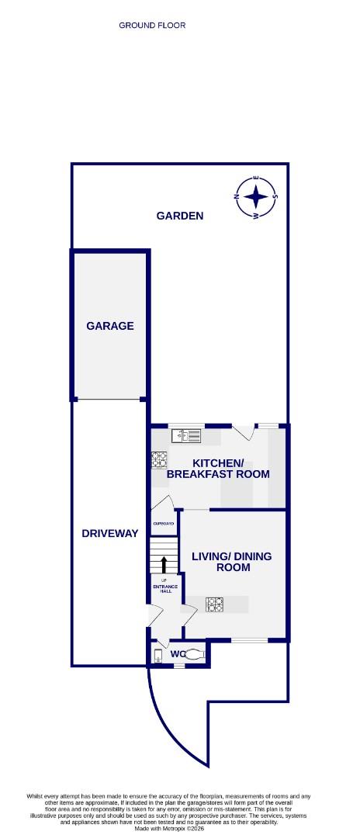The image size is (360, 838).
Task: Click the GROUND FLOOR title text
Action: [x=152, y=26]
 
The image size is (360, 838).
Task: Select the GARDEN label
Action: [x=180, y=216]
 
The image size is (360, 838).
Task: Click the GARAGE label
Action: [x=110, y=326]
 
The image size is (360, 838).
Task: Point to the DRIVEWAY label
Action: [x=110, y=533]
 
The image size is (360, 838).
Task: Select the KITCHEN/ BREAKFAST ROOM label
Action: [x=218, y=469]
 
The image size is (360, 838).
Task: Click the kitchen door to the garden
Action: [x=243, y=432]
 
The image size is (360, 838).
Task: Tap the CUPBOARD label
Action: [x=164, y=524]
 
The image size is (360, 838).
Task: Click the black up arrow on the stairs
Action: [x=164, y=563]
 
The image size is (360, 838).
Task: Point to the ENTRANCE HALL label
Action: [x=164, y=587]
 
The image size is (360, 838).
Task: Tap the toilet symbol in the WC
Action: [x=195, y=654]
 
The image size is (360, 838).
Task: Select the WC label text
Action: [x=177, y=654]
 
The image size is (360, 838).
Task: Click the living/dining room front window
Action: [x=249, y=641]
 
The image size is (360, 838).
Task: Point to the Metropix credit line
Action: [x=179, y=829]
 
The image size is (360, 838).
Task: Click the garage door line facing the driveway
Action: [x=109, y=400]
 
